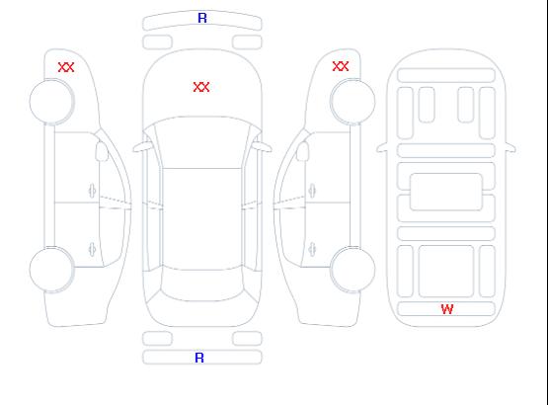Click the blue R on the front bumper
point(202,18)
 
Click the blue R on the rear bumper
point(199,358)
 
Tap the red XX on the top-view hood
point(201,87)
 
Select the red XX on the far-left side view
point(66,67)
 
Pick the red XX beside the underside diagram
point(341,66)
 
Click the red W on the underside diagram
point(447,309)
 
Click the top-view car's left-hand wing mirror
point(141,147)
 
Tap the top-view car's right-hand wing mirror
point(263,146)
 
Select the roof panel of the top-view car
point(202,219)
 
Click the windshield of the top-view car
point(202,142)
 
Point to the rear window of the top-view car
point(202,284)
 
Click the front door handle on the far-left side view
point(92,191)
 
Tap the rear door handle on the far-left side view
point(92,249)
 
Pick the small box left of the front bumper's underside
point(157,42)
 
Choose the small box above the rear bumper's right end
point(247,339)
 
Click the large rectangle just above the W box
point(446,272)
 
